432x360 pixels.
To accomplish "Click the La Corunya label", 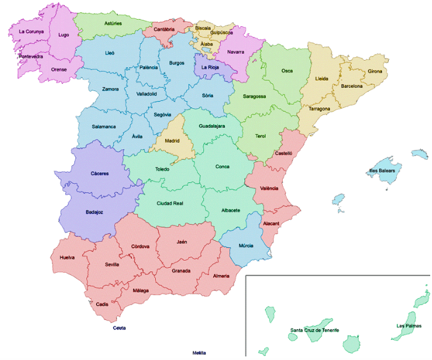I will (x=31, y=31).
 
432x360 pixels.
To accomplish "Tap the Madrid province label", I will (x=172, y=141).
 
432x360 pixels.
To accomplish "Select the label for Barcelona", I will (x=352, y=86).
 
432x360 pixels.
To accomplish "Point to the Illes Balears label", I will (x=382, y=171).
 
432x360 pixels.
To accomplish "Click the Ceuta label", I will (x=119, y=328).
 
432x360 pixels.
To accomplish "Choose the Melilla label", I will (x=198, y=353).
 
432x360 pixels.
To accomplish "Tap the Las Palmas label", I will (x=409, y=326).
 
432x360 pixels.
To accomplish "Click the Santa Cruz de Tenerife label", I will (x=314, y=330).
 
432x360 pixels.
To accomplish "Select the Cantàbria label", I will (x=164, y=29).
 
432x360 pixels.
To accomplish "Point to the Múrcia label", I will (x=246, y=245).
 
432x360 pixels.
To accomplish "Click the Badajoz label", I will (x=95, y=211).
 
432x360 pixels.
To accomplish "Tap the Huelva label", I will (x=67, y=258).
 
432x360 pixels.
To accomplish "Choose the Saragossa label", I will (x=254, y=96).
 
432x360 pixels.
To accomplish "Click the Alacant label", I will (x=271, y=223).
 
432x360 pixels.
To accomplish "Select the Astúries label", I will (x=113, y=24).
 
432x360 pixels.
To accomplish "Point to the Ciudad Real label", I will (x=169, y=204).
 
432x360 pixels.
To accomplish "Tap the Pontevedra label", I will (x=31, y=56).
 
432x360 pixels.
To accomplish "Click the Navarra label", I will (x=235, y=52).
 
